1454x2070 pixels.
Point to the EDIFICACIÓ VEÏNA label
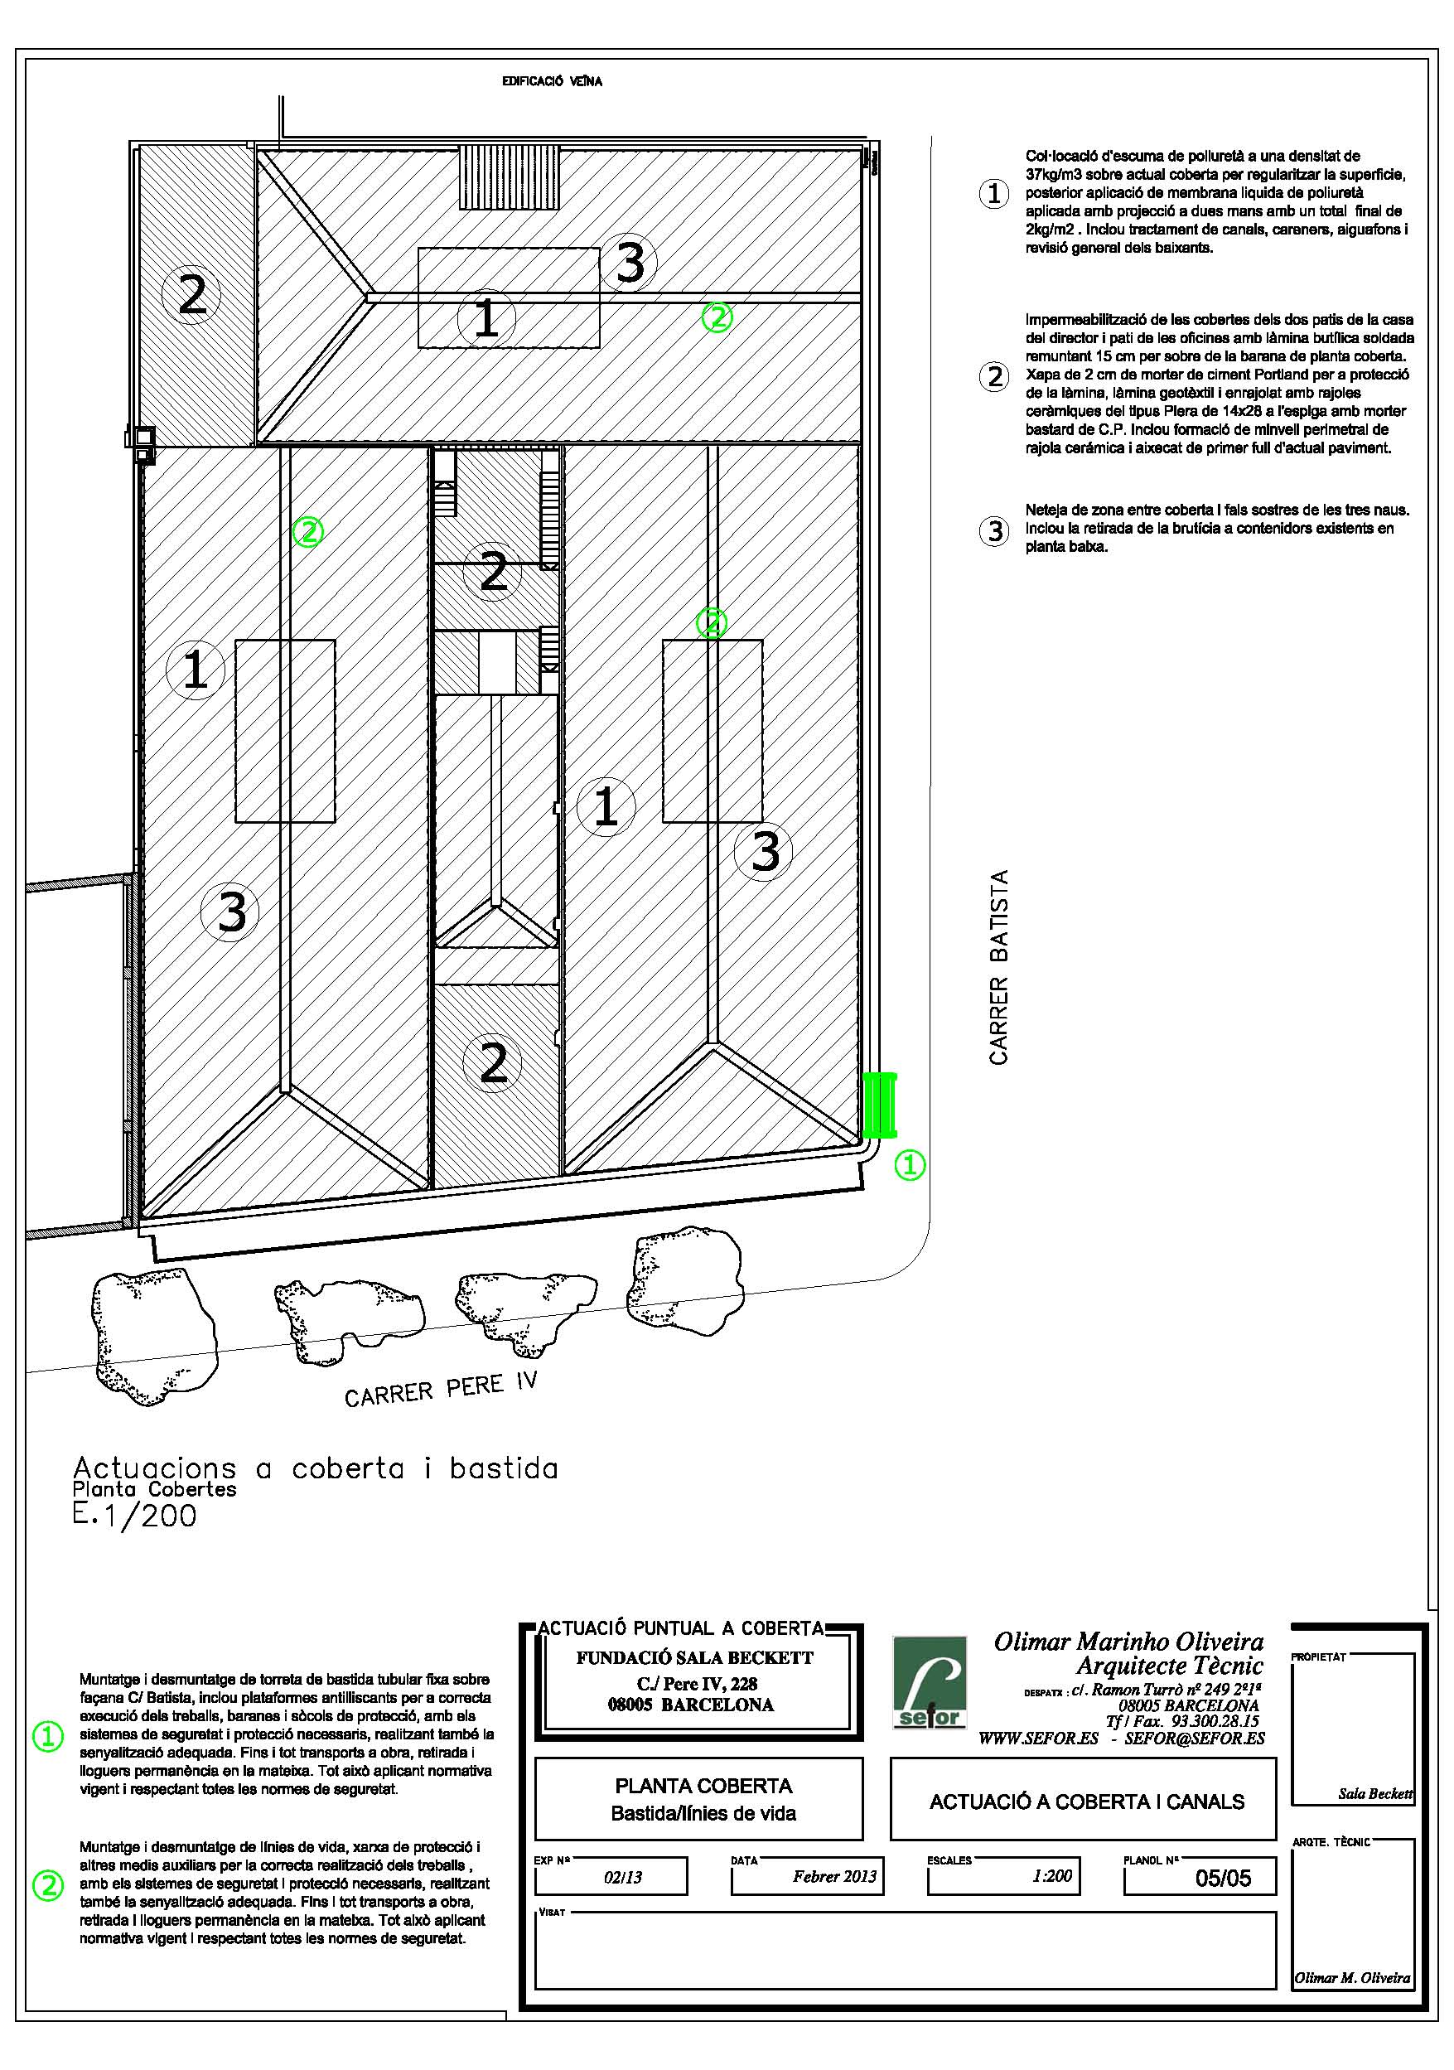pos(552,81)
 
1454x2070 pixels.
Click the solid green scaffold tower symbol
pos(879,1105)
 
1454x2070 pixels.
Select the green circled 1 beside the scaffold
pos(909,1165)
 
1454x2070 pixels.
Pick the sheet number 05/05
pos(1223,1878)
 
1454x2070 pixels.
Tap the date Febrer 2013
pos(833,1876)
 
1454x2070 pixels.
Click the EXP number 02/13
pos(623,1878)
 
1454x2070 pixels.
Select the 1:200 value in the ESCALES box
pos(1052,1876)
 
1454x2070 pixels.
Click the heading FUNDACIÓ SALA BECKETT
pos(694,1658)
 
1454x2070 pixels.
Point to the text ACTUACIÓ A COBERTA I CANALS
pos(1086,1802)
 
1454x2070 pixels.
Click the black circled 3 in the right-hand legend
pos(994,531)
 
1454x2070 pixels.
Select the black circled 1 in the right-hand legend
pos(993,194)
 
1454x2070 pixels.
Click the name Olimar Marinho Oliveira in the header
pos(1128,1642)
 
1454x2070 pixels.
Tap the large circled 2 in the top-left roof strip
pos(192,294)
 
